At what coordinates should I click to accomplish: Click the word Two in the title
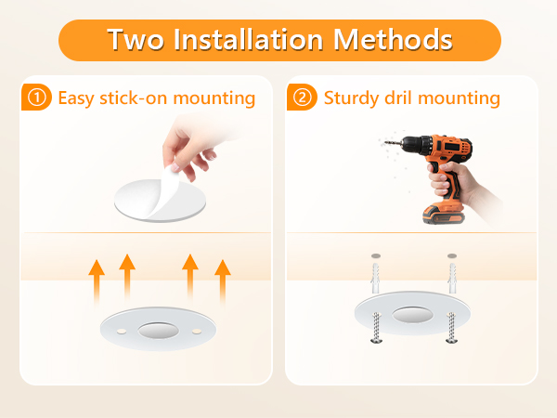click(135, 41)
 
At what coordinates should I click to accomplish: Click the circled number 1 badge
click(38, 98)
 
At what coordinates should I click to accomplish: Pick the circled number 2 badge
click(304, 98)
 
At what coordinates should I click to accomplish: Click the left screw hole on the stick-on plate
click(120, 327)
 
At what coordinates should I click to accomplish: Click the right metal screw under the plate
click(451, 328)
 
